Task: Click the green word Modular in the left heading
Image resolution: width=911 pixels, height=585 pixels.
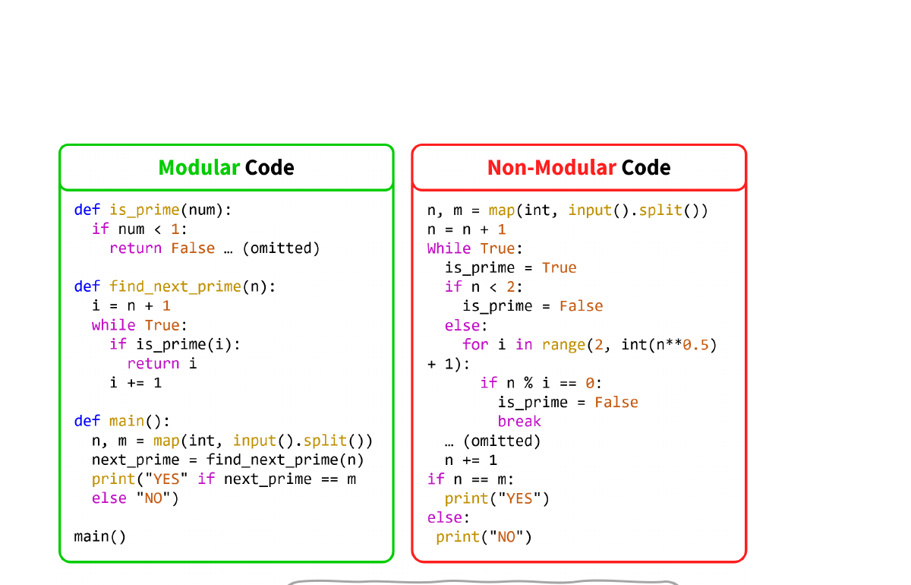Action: tap(199, 167)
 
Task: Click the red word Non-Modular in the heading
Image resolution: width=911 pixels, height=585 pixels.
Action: tap(551, 167)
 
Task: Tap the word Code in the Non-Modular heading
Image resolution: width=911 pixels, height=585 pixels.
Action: tap(646, 167)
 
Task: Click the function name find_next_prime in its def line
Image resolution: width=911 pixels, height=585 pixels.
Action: tap(175, 286)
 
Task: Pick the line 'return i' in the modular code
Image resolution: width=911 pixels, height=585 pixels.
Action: tap(162, 363)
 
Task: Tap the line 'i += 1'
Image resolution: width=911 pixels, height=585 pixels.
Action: tap(136, 382)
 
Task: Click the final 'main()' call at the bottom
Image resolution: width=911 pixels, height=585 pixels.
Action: tap(100, 536)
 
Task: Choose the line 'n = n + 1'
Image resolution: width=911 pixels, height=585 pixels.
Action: tap(466, 229)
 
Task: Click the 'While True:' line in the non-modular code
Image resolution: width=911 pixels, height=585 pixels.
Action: tap(475, 248)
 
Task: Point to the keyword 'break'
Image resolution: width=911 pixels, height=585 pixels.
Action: tap(519, 421)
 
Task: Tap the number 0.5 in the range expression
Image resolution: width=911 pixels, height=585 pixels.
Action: tap(696, 344)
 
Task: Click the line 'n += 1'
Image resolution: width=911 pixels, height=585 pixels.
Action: tap(471, 460)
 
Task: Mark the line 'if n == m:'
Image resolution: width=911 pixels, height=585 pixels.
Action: tap(471, 479)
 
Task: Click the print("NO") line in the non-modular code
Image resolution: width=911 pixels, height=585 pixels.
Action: tap(484, 536)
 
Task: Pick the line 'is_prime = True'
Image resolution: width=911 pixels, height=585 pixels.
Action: tap(510, 267)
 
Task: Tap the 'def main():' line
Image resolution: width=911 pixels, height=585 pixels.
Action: tap(122, 421)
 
